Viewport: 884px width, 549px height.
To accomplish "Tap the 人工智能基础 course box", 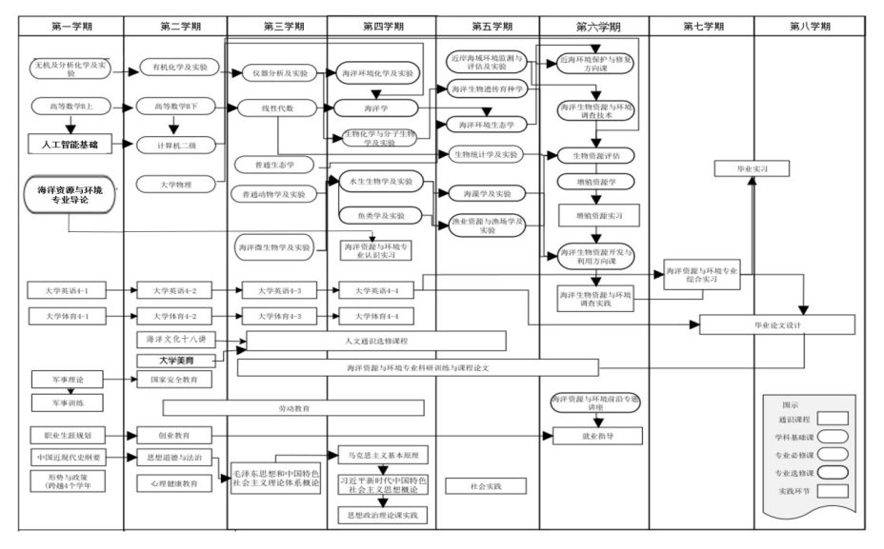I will coord(69,145).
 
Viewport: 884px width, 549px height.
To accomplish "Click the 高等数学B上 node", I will coord(69,106).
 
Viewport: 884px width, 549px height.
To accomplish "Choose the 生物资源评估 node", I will coord(596,155).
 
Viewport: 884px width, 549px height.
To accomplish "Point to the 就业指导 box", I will coord(596,441).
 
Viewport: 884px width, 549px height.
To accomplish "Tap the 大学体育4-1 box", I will coord(69,315).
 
